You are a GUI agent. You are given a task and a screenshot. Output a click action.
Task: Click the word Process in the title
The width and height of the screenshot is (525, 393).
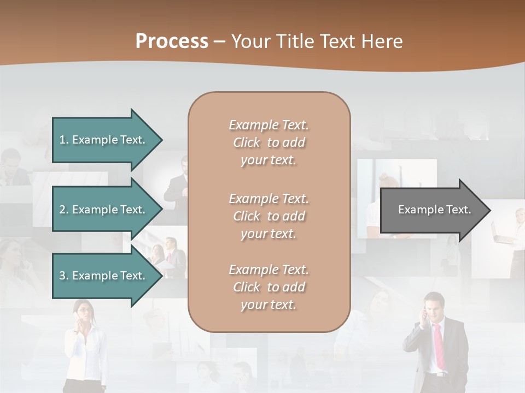tap(172, 41)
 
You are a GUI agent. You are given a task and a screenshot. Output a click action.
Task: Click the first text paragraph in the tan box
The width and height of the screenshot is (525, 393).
tap(269, 142)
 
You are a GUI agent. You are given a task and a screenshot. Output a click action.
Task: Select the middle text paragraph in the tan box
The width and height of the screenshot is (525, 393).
tap(269, 216)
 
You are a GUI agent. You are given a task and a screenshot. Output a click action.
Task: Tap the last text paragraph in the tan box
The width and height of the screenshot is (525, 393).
tap(269, 287)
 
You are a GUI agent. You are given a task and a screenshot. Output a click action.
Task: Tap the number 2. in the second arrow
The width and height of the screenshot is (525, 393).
tap(64, 210)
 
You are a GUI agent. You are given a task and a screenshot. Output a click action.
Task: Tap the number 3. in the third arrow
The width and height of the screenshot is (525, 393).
tap(64, 276)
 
